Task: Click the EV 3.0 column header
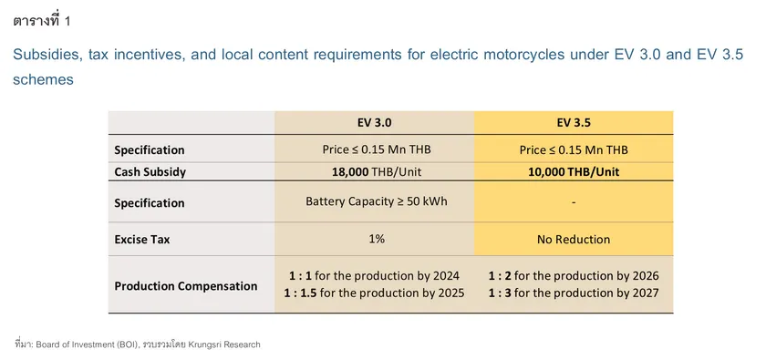(374, 123)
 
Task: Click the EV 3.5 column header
(574, 123)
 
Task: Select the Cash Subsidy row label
(150, 171)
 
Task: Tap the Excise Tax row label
(142, 240)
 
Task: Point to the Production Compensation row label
(186, 285)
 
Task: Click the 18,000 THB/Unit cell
(374, 171)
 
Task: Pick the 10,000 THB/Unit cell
(574, 171)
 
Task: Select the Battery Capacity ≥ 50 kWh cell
(374, 202)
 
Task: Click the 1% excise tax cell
(374, 240)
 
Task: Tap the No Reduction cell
(574, 240)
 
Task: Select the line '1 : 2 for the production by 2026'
(574, 275)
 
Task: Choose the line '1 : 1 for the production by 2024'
(374, 275)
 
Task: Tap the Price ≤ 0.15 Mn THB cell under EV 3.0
(374, 149)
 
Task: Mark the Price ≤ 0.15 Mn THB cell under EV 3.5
(574, 149)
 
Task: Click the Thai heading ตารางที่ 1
(41, 19)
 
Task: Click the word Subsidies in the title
(46, 55)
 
